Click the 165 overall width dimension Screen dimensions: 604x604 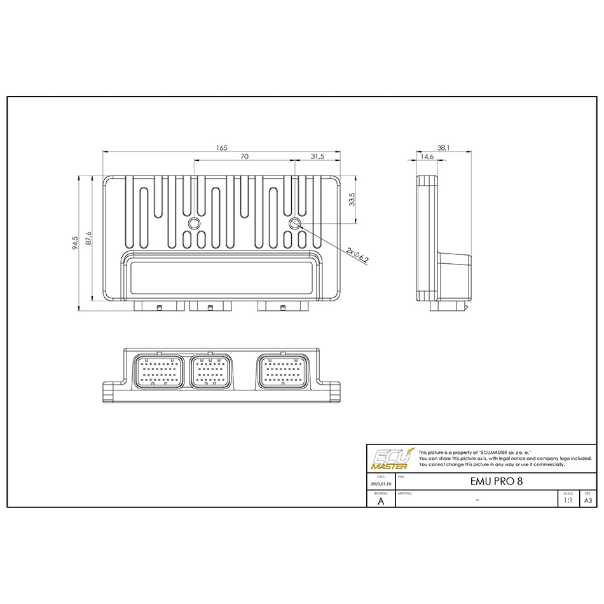[221, 148]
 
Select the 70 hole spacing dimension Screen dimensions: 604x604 [244, 156]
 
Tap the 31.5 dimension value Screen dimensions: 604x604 [317, 156]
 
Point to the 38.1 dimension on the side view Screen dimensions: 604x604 [444, 148]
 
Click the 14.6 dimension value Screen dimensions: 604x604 [426, 156]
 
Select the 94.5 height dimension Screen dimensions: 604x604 [75, 243]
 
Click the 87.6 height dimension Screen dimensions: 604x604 [89, 238]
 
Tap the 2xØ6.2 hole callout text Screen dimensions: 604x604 [358, 256]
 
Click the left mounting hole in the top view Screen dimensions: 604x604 [194, 224]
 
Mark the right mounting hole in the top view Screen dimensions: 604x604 [294, 224]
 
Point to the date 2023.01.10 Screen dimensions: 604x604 [381, 484]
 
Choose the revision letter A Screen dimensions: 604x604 [381, 500]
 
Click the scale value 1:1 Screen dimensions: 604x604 [568, 500]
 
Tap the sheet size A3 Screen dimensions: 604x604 [588, 500]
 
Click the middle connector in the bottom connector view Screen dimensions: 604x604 [211, 372]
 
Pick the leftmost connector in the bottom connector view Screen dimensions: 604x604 [158, 372]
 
